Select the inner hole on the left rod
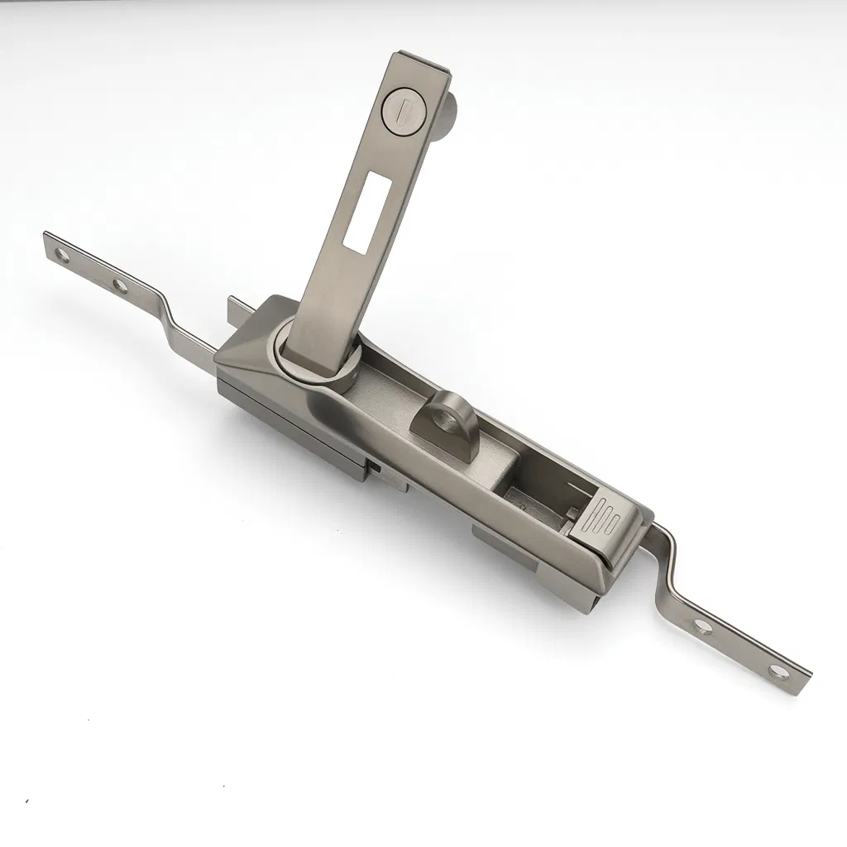121,287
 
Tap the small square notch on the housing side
374,468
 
